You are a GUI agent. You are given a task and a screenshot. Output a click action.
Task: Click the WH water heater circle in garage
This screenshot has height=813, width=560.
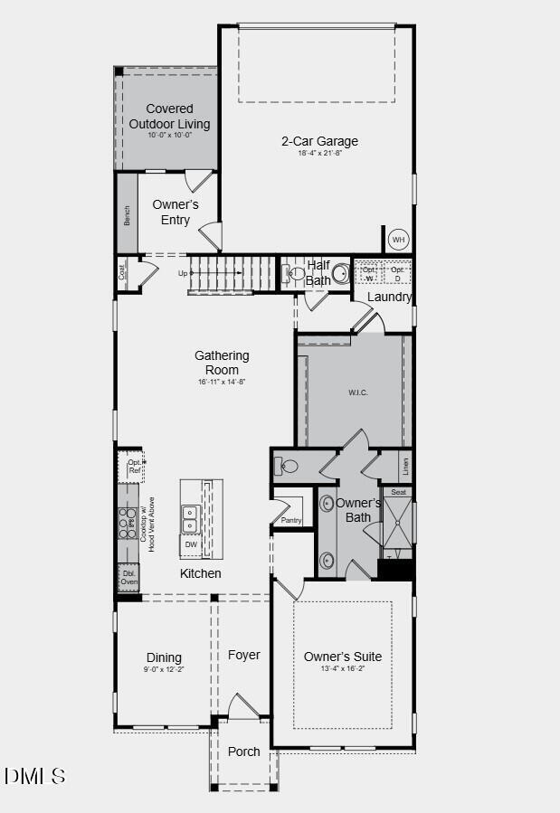(398, 240)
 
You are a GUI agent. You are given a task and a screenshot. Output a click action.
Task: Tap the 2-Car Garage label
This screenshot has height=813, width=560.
(319, 141)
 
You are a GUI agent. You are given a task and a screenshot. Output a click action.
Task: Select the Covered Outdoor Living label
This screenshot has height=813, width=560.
(169, 117)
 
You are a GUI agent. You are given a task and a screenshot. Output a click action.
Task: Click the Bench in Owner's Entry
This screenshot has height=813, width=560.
(127, 215)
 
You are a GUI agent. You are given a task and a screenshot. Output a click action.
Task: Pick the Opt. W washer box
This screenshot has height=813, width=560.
(369, 273)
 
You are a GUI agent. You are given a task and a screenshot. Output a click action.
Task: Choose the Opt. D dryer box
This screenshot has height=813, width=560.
(397, 273)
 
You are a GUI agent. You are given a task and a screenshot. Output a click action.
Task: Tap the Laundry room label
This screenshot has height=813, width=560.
(390, 297)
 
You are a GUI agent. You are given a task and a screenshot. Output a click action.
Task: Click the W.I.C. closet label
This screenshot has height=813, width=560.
(358, 392)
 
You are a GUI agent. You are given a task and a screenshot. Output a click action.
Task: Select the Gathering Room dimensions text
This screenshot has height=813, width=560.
(222, 382)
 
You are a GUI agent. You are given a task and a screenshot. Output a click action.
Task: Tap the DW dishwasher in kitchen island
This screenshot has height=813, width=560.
(191, 544)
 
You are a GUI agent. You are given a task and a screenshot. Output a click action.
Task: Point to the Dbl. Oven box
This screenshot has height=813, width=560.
(129, 578)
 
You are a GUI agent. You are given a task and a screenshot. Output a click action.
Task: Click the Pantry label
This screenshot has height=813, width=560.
(290, 520)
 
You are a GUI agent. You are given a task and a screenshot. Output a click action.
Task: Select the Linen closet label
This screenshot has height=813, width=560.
(405, 467)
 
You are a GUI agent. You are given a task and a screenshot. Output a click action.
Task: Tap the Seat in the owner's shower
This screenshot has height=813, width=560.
(398, 492)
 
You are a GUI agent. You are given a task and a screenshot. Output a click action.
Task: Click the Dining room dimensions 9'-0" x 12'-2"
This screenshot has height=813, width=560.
(164, 670)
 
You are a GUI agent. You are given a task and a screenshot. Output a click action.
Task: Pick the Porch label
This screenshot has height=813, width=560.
(244, 752)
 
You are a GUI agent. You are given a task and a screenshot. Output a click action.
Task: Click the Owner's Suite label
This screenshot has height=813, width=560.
(343, 657)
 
